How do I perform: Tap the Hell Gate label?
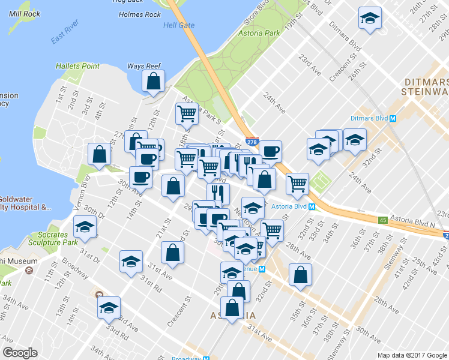coord(178,26)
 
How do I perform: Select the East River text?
coord(65,37)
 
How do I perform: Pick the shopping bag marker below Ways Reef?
coord(154,82)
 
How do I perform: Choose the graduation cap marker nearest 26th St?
coord(370,19)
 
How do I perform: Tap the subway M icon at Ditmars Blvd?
coord(393,118)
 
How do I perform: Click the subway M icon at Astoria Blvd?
coord(312,206)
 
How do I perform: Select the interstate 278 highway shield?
coord(252,140)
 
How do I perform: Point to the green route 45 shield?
coord(382,220)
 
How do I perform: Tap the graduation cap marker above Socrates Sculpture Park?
coord(85,227)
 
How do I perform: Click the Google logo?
coord(20,353)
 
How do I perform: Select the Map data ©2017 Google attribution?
coord(412,355)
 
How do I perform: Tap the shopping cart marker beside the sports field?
coord(297,183)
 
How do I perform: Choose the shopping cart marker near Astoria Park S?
coord(187,112)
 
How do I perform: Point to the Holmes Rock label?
coord(140,14)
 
